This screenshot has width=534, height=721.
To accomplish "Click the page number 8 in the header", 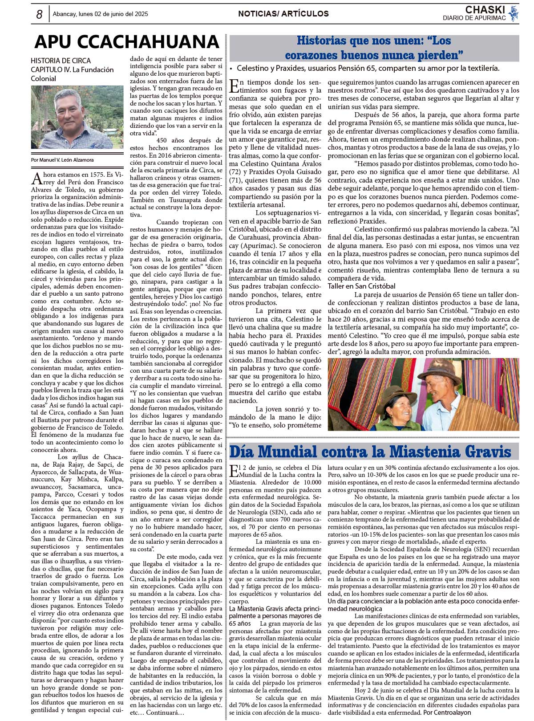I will [39, 15].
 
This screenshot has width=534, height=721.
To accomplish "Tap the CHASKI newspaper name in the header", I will [485, 10].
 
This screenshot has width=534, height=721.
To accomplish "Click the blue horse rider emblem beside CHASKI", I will [514, 13].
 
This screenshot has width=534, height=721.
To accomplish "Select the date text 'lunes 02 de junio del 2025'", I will [113, 14].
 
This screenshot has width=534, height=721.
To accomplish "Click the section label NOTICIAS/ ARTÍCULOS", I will [283, 14].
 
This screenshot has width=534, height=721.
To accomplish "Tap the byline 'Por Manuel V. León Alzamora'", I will [62, 160].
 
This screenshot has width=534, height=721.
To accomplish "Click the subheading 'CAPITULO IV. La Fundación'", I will [72, 70].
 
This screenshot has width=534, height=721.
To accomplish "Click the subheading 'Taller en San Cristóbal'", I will [361, 286].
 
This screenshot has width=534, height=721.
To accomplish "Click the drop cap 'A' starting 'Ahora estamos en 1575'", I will [36, 179].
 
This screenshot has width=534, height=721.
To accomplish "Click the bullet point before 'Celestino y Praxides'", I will [231, 69].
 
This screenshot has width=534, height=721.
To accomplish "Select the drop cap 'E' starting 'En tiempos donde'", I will [234, 86].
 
